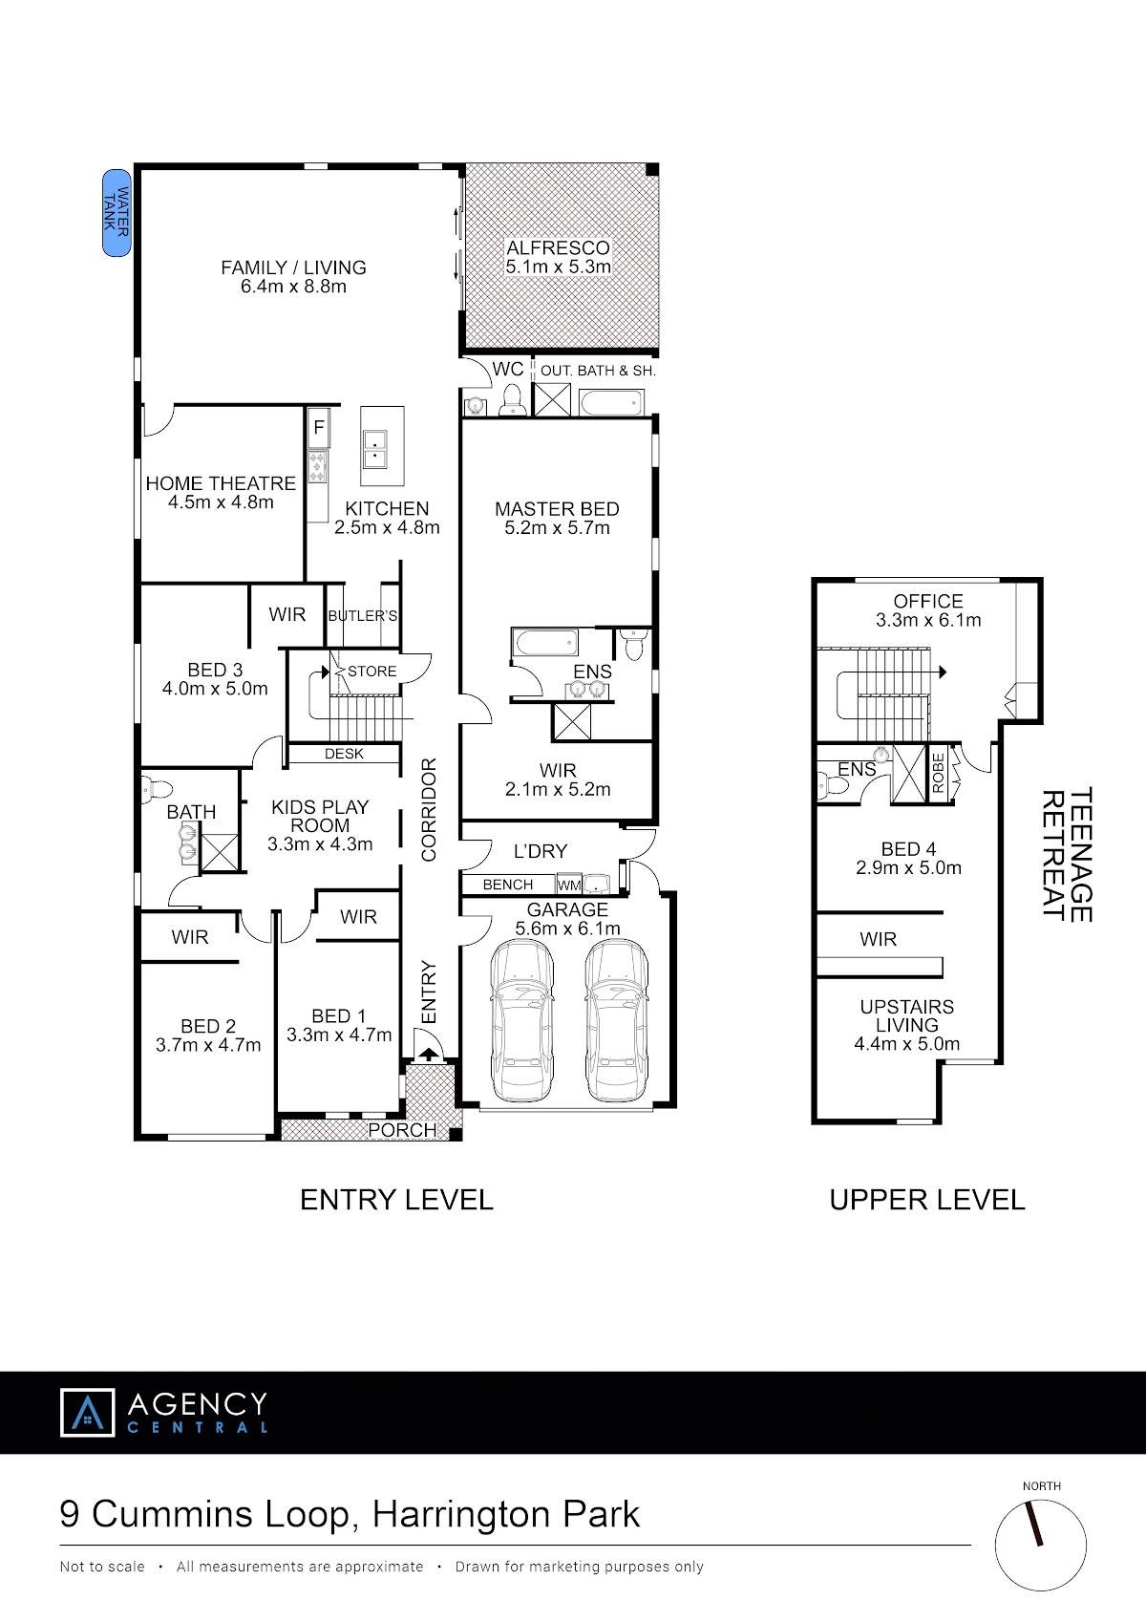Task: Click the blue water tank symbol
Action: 117,213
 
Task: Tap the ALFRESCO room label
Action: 558,247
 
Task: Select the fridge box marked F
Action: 319,428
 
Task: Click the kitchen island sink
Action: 375,449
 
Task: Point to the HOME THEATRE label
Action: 221,483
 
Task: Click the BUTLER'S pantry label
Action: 363,615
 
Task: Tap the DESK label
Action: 344,754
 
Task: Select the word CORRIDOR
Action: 429,809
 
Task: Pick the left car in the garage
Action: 522,1020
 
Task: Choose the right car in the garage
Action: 616,1020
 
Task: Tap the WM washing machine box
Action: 569,885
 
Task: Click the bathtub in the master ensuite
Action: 545,642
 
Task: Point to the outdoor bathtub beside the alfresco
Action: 611,402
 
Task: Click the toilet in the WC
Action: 513,399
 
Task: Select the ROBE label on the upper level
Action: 938,773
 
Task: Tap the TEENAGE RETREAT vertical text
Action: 1067,854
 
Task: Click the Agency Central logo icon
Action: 88,1412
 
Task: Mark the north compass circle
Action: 1040,1546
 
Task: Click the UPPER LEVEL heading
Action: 927,1200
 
